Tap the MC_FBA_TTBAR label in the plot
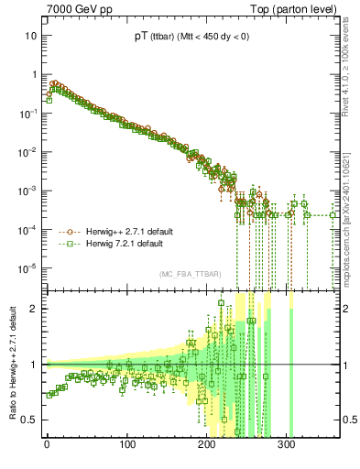[x=189, y=274]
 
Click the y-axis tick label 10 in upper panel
[x=31, y=35]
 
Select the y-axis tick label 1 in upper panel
[x=34, y=74]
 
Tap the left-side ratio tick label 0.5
[x=30, y=420]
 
